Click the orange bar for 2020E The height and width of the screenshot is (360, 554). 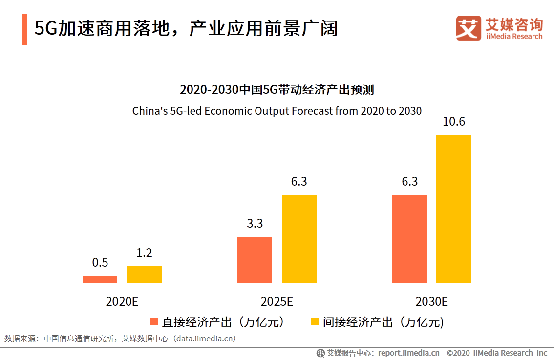tap(100, 279)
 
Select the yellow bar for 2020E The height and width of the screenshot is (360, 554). tap(144, 275)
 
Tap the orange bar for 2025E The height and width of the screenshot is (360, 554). tap(255, 260)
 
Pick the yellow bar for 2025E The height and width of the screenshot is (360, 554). tap(299, 239)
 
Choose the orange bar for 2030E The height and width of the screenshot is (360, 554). tap(409, 239)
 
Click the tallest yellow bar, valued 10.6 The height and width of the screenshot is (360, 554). tap(453, 209)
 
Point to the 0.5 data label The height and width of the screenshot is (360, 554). tap(100, 263)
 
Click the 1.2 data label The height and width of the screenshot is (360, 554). tap(144, 253)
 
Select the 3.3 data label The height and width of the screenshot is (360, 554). tap(255, 224)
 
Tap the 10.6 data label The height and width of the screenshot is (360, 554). tap(453, 122)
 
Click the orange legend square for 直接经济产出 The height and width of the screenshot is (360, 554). tap(154, 321)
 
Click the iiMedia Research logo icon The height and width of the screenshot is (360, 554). tap(469, 29)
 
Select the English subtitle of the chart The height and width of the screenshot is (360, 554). tap(277, 111)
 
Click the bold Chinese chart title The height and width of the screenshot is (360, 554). tap(277, 90)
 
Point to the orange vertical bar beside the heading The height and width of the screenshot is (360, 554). tap(24, 29)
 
